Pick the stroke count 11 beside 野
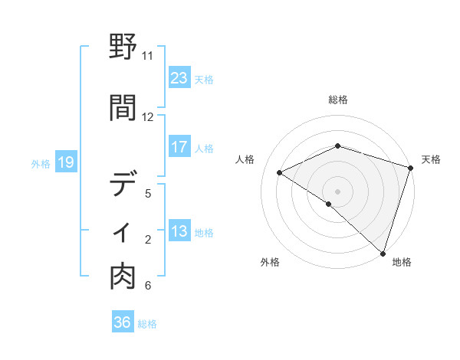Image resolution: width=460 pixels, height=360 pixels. tap(147, 56)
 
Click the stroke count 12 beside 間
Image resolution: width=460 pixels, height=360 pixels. tap(147, 117)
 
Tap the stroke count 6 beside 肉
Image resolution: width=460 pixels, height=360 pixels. tap(147, 286)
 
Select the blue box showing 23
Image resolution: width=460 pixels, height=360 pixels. tap(179, 78)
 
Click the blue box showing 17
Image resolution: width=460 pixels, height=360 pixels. tap(179, 147)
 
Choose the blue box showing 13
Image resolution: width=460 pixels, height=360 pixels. tap(179, 231)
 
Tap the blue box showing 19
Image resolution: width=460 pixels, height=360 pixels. tap(65, 162)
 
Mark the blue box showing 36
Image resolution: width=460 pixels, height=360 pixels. tap(122, 322)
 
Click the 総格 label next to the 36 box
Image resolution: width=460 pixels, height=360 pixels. tap(147, 324)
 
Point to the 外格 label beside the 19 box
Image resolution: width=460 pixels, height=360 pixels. tap(40, 163)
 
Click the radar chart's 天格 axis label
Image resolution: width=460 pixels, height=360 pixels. tap(431, 159)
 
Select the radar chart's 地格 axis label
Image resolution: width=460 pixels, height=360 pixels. tap(402, 262)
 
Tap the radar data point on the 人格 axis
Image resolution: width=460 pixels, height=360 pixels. tap(280, 172)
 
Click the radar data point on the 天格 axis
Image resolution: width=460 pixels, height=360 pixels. tap(410, 168)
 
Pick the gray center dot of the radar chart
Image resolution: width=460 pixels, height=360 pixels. tap(337, 191)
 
